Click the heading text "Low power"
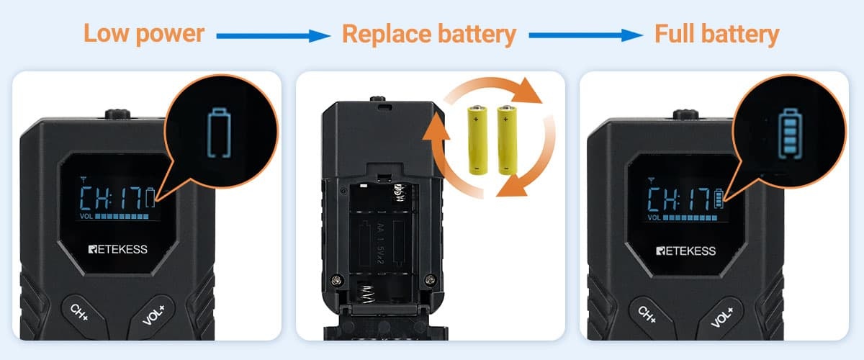click(x=144, y=34)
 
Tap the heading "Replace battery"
click(x=429, y=35)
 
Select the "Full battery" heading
click(x=716, y=35)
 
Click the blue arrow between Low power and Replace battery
click(x=274, y=36)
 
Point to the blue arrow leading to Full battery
click(x=585, y=35)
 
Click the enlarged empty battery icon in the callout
click(x=219, y=132)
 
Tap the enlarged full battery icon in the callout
click(x=790, y=133)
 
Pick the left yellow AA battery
click(x=477, y=140)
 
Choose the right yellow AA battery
click(x=507, y=140)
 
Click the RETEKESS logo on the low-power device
click(x=117, y=249)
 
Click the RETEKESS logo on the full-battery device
click(x=685, y=251)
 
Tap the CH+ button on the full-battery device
click(x=647, y=314)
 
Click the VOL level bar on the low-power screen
click(x=122, y=217)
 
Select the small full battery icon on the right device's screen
click(x=719, y=199)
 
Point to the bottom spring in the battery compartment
click(x=366, y=294)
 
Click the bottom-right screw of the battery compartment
click(x=430, y=280)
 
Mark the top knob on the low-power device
click(x=117, y=114)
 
